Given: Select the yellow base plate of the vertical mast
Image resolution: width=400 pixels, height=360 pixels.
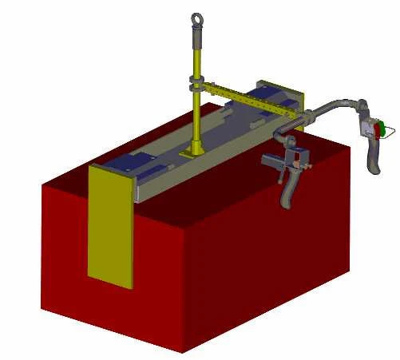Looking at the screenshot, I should pyautogui.click(x=193, y=149).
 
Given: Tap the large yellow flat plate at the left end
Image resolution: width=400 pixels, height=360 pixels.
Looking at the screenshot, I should pyautogui.click(x=111, y=224).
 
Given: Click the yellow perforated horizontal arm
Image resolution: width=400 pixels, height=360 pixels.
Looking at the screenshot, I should pyautogui.click(x=240, y=96).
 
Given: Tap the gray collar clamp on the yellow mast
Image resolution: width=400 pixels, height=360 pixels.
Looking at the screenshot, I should pyautogui.click(x=196, y=82).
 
